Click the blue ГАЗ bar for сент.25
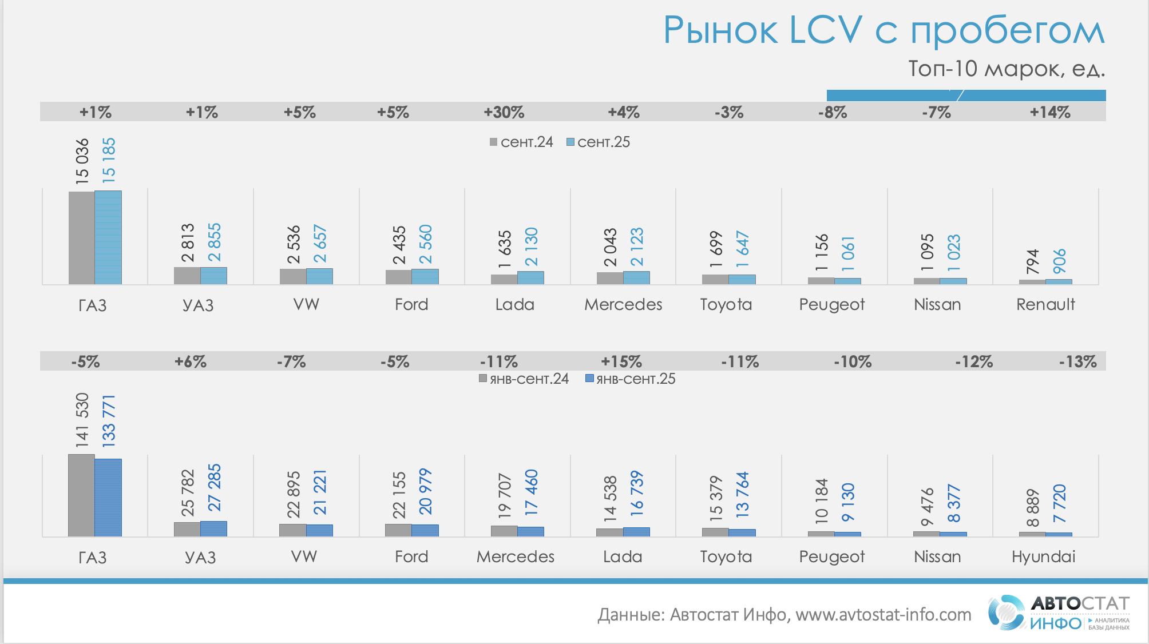108,237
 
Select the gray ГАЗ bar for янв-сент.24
81,495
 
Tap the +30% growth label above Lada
504,112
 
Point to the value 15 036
82,161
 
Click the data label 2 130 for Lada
531,247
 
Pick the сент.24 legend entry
521,142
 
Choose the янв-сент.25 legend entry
630,379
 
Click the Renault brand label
1045,304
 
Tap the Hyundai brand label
1043,556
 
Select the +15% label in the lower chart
621,361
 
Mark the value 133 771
109,420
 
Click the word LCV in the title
825,30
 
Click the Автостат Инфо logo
1059,613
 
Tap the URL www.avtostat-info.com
883,615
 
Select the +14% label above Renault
1049,112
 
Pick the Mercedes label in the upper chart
623,304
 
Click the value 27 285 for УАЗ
214,487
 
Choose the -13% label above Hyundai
1077,361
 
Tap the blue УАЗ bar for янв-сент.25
213,528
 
